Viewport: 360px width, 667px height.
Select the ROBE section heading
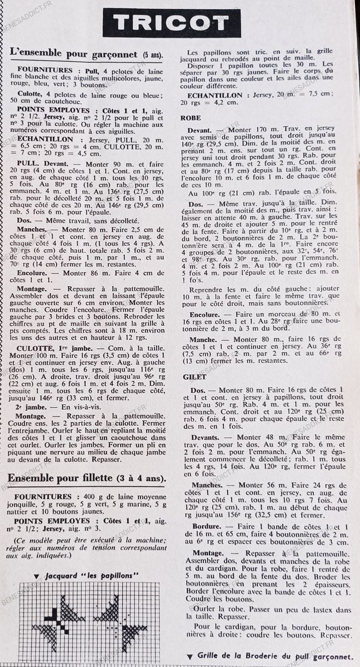191,118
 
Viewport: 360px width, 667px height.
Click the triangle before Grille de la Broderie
190,657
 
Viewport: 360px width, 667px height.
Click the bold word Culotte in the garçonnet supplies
30,94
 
